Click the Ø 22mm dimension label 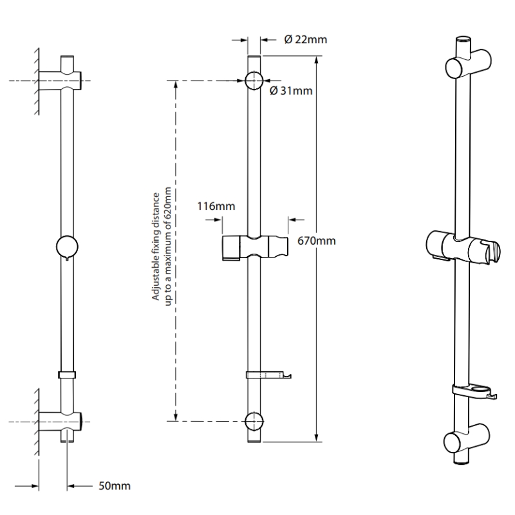(305, 40)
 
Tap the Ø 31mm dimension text (291, 91)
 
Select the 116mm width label (216, 206)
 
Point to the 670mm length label (316, 241)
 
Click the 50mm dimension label (115, 486)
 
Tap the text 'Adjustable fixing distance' (155, 247)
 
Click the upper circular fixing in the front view (254, 80)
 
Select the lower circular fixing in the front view (254, 421)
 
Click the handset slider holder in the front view (255, 248)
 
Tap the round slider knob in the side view (67, 247)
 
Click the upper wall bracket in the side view (60, 80)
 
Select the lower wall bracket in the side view (60, 422)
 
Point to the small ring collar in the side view (67, 375)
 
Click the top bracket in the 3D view (469, 63)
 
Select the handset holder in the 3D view (462, 247)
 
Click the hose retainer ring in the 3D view (474, 392)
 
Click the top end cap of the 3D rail (463, 40)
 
